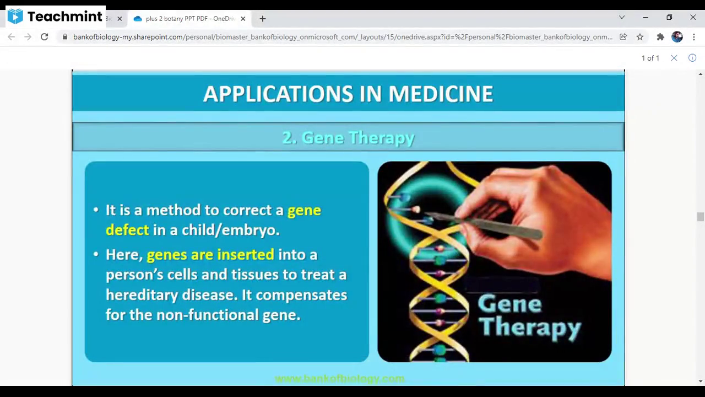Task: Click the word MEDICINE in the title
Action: click(x=440, y=94)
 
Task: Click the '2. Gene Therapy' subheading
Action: click(x=348, y=137)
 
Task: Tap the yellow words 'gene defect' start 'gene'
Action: click(x=304, y=210)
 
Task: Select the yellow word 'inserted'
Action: click(x=245, y=254)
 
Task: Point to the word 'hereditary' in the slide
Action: click(x=142, y=294)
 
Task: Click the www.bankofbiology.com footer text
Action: click(x=339, y=378)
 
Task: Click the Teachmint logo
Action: click(x=55, y=17)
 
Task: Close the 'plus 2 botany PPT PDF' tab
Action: click(x=243, y=19)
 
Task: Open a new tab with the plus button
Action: click(x=263, y=19)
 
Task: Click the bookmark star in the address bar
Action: click(x=639, y=37)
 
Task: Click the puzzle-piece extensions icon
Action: click(x=660, y=37)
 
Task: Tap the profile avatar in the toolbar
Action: click(x=677, y=37)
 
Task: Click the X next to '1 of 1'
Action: click(x=674, y=58)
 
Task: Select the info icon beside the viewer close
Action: click(x=692, y=58)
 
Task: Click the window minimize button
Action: click(x=646, y=18)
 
